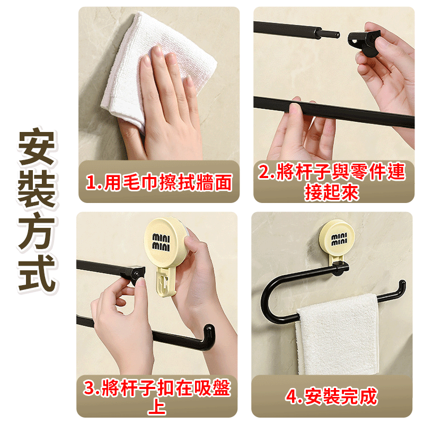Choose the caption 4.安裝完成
[332, 396]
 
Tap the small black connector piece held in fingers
[363, 41]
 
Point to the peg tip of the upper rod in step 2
[333, 36]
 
